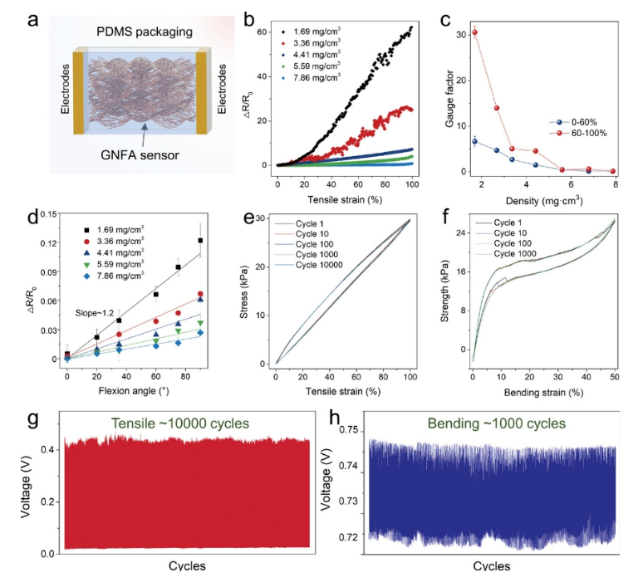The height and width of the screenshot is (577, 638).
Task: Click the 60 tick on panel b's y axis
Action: click(x=263, y=32)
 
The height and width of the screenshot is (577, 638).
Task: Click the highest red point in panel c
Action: click(x=474, y=32)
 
